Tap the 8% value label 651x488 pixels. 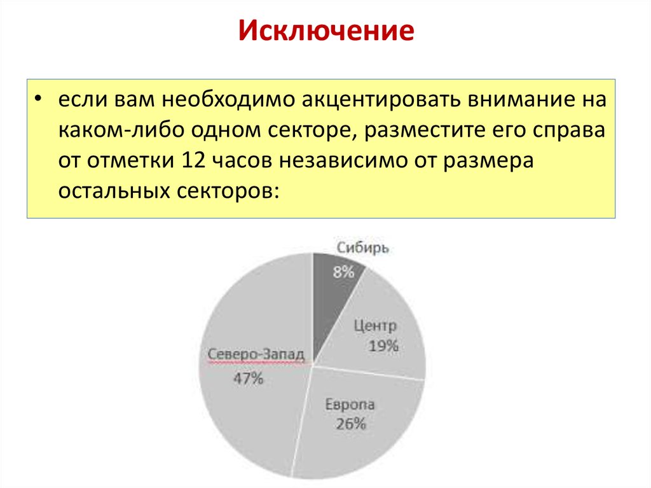pyautogui.click(x=343, y=272)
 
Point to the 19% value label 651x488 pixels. pyautogui.click(x=384, y=346)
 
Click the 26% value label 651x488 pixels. pyautogui.click(x=351, y=424)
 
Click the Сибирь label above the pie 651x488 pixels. pyautogui.click(x=362, y=248)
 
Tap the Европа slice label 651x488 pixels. pyautogui.click(x=350, y=405)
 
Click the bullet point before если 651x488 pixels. pyautogui.click(x=39, y=101)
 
